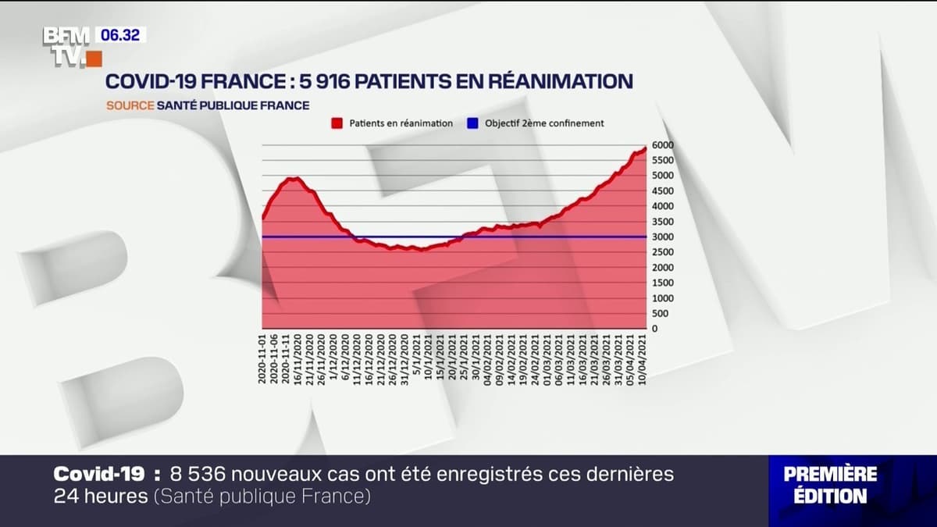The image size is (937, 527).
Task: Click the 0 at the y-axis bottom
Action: tap(654, 329)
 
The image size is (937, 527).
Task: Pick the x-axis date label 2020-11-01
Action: tap(263, 358)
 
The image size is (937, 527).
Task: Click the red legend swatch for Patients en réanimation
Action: tap(337, 123)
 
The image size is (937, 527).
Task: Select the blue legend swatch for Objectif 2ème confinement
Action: tap(472, 123)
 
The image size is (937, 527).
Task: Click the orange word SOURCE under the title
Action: tap(130, 105)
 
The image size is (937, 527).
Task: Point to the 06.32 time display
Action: tap(119, 35)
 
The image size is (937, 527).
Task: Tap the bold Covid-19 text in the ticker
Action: tap(99, 474)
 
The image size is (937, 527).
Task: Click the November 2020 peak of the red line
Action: tap(292, 179)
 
